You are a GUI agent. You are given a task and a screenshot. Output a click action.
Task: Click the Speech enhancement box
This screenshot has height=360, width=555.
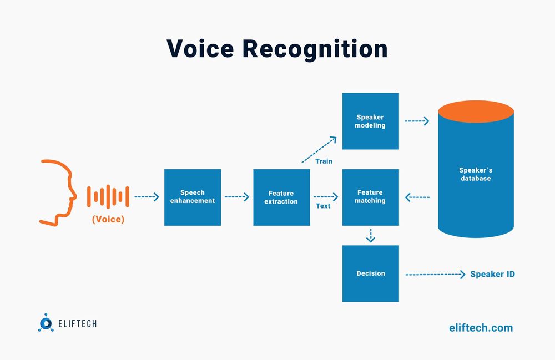tap(193, 197)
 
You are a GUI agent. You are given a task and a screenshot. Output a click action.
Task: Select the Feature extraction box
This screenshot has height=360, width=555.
tap(281, 197)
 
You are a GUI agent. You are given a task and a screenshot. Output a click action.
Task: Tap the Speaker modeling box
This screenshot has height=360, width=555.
tap(370, 121)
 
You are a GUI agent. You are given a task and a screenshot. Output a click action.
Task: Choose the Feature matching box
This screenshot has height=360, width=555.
tap(370, 197)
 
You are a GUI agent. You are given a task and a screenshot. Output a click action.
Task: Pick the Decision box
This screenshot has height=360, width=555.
tap(370, 273)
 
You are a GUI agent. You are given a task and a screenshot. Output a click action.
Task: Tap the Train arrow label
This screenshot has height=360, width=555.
tap(324, 161)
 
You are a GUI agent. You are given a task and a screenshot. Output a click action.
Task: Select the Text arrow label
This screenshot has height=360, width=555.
tap(323, 206)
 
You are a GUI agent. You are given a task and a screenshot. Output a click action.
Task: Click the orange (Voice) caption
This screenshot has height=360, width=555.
tap(108, 219)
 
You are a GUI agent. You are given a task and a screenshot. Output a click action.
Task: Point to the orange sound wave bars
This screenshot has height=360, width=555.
tap(108, 196)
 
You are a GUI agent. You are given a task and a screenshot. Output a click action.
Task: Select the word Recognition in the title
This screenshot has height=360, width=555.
tap(314, 49)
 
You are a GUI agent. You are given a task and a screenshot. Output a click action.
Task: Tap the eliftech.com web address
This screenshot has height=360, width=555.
tap(481, 328)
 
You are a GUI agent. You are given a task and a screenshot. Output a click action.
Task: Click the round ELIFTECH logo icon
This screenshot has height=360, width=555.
tap(46, 323)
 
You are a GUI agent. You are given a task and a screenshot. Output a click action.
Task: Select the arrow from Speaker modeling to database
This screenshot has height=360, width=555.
tap(417, 121)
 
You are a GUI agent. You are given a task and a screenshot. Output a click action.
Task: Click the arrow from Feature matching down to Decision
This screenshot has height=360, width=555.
tap(371, 235)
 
